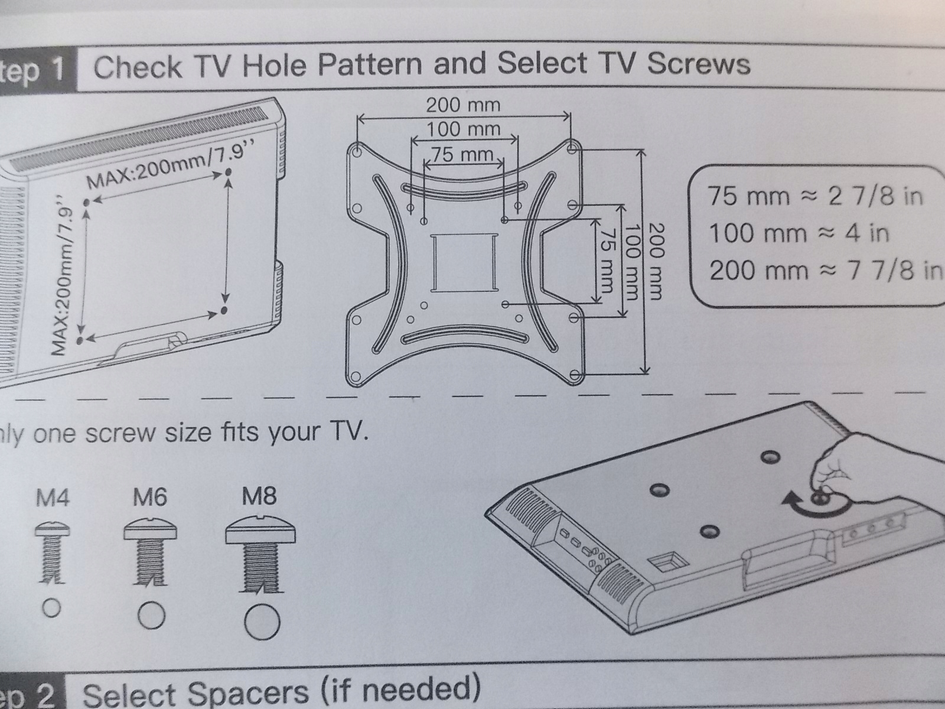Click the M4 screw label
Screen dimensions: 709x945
click(53, 499)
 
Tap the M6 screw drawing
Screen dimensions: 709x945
click(151, 555)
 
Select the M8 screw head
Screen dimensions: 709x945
click(260, 531)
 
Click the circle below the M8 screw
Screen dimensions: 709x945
click(262, 622)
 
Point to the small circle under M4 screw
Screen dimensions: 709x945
click(52, 608)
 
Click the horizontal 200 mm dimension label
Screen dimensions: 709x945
click(463, 105)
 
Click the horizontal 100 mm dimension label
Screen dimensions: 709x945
click(463, 129)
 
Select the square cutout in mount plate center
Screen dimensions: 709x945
click(464, 262)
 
